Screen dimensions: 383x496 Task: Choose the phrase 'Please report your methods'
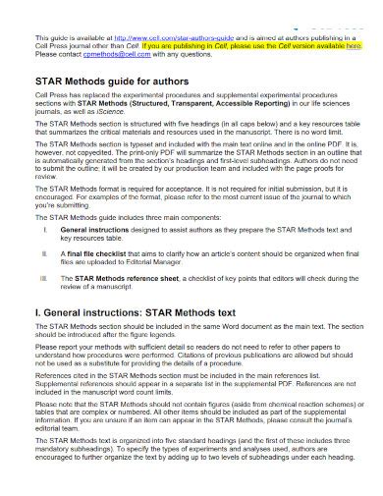82,374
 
